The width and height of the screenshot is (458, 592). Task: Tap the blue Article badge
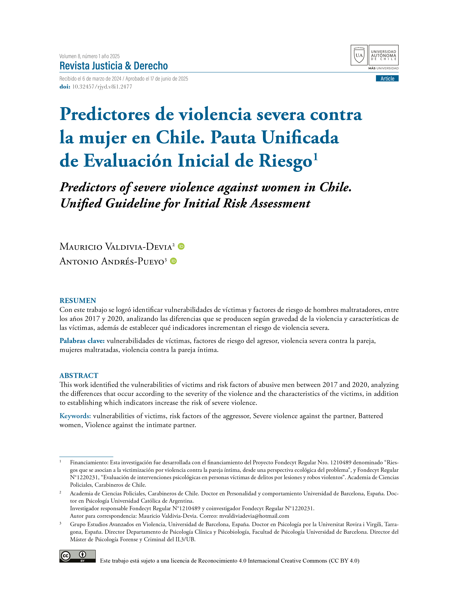click(387, 79)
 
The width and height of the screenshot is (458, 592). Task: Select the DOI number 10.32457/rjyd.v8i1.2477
click(102, 87)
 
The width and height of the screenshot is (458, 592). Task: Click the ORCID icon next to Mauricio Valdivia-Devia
click(181, 246)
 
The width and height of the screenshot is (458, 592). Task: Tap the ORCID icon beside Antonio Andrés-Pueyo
click(173, 261)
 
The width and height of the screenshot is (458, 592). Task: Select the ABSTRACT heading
click(79, 375)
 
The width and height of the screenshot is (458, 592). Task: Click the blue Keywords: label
click(75, 416)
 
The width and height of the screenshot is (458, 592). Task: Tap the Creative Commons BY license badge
click(77, 556)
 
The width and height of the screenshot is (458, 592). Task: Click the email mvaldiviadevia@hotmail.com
click(254, 516)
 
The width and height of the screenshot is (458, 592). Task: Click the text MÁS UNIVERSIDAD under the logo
click(383, 68)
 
